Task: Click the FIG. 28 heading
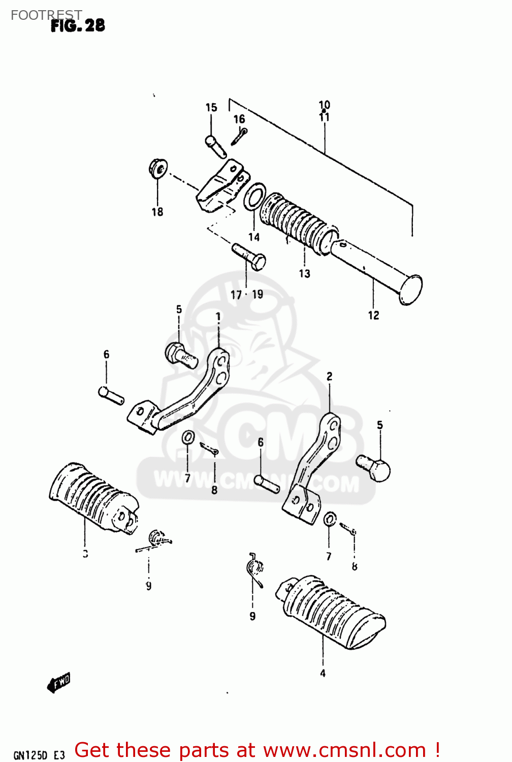[78, 26]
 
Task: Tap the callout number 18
[157, 212]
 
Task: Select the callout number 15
[211, 107]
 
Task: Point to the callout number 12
[373, 315]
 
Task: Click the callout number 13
[304, 274]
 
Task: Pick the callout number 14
[254, 237]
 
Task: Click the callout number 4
[323, 674]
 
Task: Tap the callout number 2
[330, 376]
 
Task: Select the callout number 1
[218, 316]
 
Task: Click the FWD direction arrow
[58, 683]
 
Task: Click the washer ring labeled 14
[254, 197]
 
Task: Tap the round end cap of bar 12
[411, 290]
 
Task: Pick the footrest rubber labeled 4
[333, 612]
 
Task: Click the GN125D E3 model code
[39, 755]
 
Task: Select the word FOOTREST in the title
[46, 15]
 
